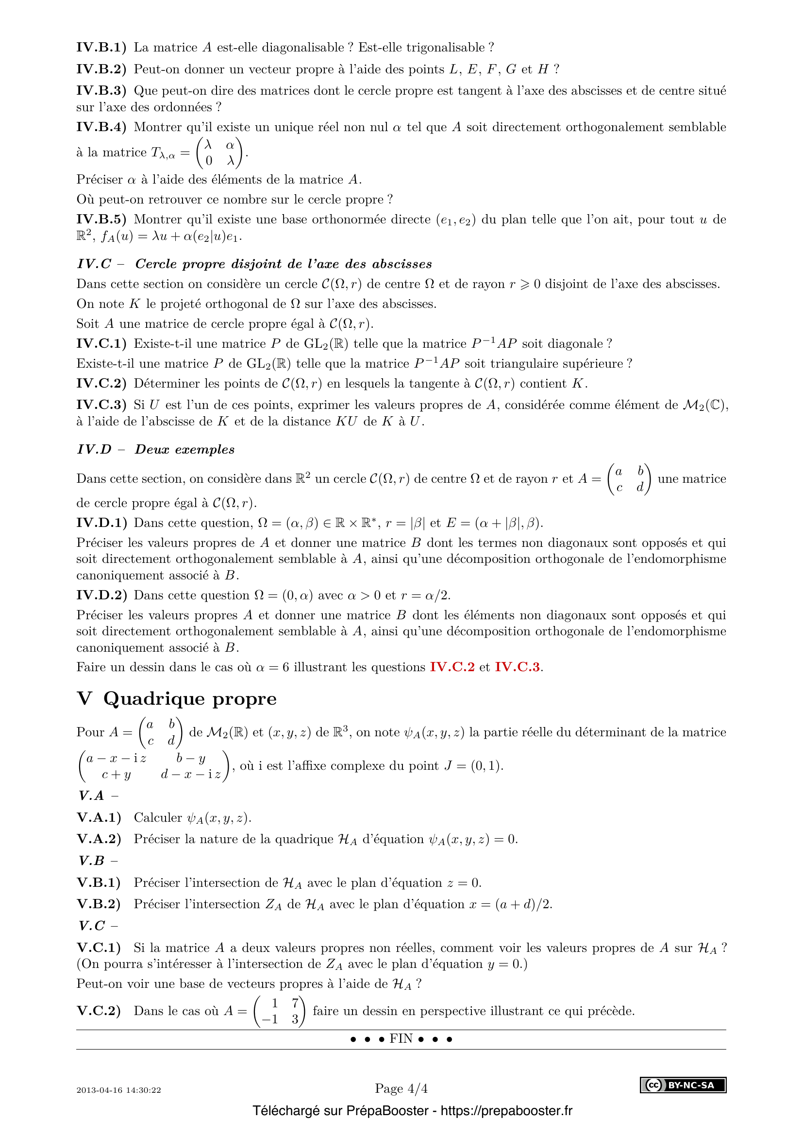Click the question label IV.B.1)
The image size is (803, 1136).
pos(101,48)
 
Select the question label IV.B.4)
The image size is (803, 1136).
pos(101,127)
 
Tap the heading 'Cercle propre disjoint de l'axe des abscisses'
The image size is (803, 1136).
pos(284,264)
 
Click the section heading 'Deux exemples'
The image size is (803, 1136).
pos(184,449)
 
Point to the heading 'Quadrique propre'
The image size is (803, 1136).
pos(190,698)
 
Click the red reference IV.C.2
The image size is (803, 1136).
pos(452,667)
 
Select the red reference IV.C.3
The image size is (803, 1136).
pos(517,667)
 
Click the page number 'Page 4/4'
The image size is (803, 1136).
pos(401,1088)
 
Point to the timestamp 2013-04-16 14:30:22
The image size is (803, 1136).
pos(118,1090)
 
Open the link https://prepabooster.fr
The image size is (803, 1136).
pos(506,1111)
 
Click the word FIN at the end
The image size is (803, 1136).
pos(401,1038)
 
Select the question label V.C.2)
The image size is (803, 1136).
pos(99,1011)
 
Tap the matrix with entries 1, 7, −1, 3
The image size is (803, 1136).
pos(279,1011)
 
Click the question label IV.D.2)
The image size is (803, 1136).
pos(101,595)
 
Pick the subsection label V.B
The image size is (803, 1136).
pos(92,861)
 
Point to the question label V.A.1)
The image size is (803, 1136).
pos(99,817)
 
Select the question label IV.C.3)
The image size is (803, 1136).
pos(101,405)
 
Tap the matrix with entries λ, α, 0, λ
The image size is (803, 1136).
pos(219,153)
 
